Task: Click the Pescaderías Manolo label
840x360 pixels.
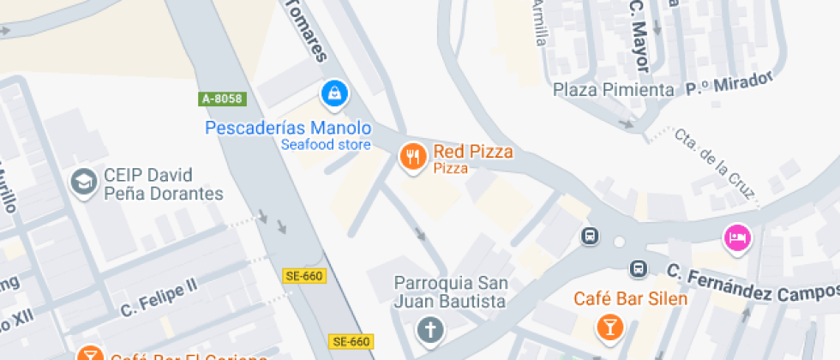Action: point(287,128)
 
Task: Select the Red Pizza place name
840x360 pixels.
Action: point(473,153)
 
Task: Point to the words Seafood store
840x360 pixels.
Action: point(326,145)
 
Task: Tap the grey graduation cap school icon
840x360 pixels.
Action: point(83,182)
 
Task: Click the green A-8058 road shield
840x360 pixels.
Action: point(223,99)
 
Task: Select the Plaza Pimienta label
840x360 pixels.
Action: point(613,90)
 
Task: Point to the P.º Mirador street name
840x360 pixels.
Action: point(729,84)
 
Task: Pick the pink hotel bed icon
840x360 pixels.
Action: point(737,237)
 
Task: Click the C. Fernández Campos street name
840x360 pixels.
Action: point(751,285)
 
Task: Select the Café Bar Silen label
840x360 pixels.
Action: point(630,299)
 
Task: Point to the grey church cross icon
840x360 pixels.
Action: point(429,328)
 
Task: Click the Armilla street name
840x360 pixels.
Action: point(538,21)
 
